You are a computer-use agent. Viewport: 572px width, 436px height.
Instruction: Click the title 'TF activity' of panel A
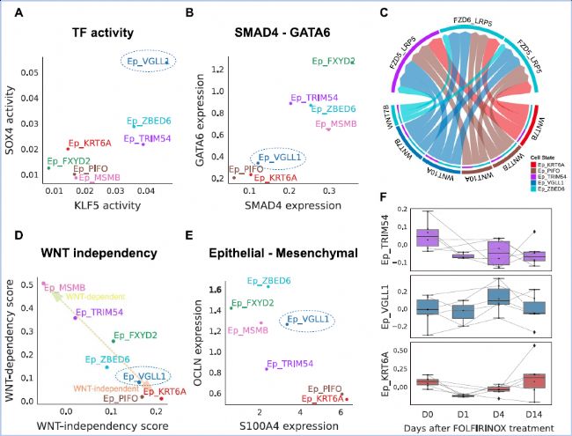(x=103, y=33)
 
